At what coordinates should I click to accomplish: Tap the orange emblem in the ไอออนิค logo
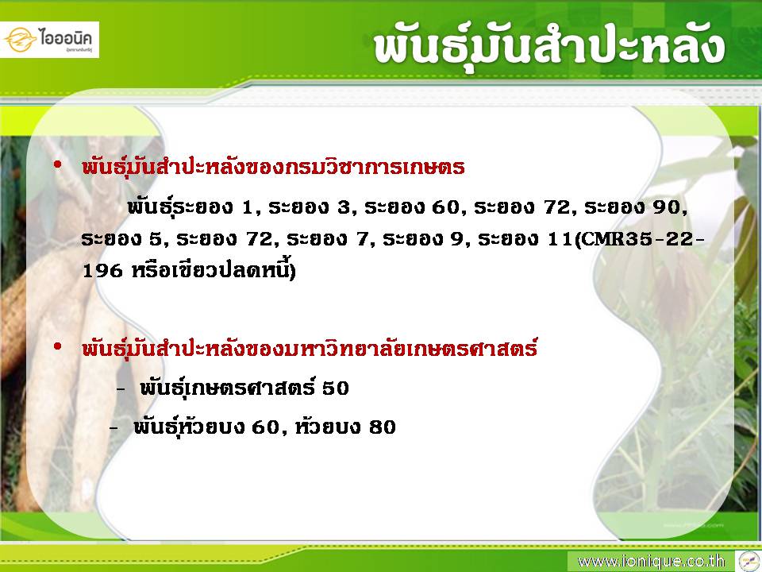point(21,40)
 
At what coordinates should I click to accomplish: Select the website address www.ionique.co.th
point(651,562)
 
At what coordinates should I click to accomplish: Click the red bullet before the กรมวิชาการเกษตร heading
point(58,165)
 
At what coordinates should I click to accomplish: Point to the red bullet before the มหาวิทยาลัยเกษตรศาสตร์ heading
point(58,347)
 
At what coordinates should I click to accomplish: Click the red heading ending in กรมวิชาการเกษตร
point(273,166)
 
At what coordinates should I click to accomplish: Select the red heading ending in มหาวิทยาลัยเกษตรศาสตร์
point(310,348)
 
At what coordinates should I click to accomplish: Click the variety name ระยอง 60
point(411,207)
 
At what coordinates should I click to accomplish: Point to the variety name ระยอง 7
point(328,239)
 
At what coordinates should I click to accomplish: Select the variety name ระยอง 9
point(423,239)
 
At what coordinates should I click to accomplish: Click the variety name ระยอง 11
point(525,239)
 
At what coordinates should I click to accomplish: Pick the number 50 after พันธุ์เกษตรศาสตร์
point(336,388)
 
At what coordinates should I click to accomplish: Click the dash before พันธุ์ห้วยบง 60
point(114,428)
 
